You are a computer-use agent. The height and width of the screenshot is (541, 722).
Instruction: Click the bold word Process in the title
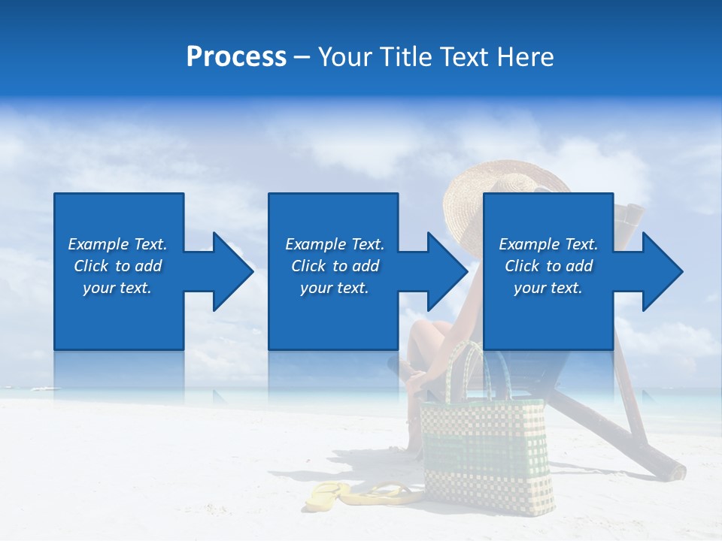click(236, 57)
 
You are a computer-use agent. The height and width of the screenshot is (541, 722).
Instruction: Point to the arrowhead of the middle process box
click(446, 271)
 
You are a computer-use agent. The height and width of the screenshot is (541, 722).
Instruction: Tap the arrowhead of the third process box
click(661, 271)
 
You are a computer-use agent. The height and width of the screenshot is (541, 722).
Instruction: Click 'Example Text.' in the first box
click(117, 244)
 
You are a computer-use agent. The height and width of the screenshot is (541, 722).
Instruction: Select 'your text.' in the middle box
click(334, 288)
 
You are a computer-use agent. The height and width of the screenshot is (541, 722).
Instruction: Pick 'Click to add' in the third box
click(548, 266)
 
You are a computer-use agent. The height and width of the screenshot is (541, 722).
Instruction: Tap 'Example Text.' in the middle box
click(334, 244)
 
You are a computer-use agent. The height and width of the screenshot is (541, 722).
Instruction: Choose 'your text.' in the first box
click(117, 288)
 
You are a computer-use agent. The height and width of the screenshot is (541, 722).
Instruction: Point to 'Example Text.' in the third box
click(548, 244)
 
